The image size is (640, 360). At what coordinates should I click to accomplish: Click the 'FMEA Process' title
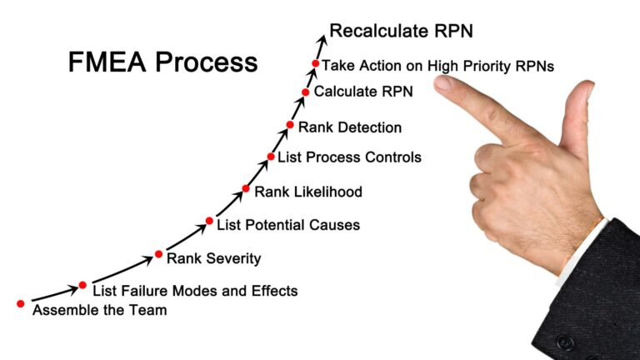coord(162,62)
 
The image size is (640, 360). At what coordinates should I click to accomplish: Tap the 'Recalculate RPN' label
coord(401,31)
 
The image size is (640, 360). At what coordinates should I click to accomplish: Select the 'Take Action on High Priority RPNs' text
coord(438,66)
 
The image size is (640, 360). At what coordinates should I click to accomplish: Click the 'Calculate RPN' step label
coord(363,92)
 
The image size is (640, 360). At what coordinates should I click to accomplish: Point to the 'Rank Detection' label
coord(350,127)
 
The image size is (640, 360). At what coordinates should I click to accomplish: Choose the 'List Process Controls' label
coord(349,157)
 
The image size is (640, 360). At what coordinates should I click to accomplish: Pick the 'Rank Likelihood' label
coord(308,192)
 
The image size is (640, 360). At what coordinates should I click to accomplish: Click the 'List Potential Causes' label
coord(288,225)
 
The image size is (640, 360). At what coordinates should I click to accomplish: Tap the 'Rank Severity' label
coord(214,259)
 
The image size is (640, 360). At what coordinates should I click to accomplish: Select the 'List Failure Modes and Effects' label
coord(195,291)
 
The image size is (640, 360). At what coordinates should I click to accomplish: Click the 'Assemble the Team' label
coord(100,310)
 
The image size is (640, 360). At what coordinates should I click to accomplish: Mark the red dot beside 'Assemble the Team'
coord(20,303)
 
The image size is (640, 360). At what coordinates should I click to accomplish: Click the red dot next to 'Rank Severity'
coord(159,254)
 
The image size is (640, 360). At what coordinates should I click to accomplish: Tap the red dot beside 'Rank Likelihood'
coord(246,188)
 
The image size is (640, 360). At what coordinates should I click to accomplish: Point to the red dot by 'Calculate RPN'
coord(305,92)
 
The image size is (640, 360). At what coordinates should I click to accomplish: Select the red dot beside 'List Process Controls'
coord(271,157)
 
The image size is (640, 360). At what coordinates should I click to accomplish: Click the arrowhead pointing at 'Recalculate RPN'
coord(323,40)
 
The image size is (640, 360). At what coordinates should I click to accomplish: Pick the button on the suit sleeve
coord(565,342)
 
